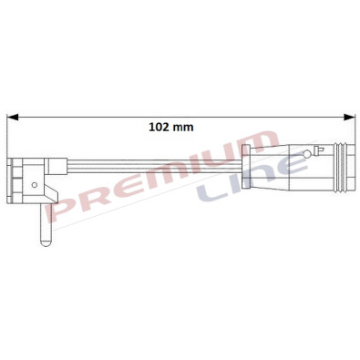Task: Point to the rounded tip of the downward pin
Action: [42, 244]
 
